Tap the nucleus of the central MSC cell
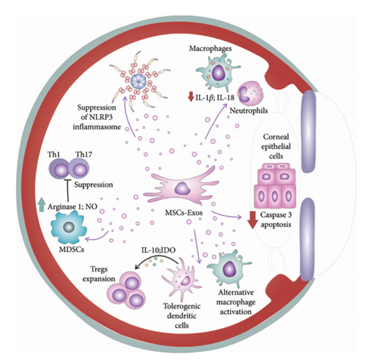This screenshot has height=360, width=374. pos(180,191)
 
